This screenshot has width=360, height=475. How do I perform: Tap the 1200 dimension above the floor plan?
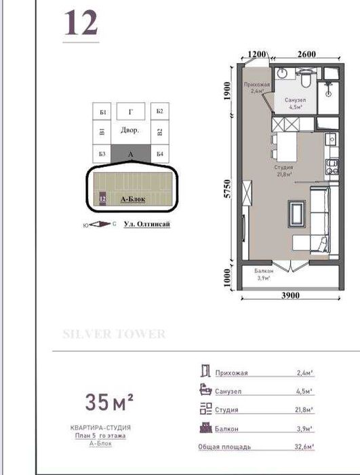click(x=256, y=54)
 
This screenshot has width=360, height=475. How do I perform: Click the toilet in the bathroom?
click(x=307, y=80)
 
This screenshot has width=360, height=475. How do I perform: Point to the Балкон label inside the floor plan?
click(x=263, y=270)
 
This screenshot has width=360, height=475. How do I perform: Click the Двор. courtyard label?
click(x=129, y=130)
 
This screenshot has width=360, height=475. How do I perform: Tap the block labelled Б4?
click(x=159, y=154)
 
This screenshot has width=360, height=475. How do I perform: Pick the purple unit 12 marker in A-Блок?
click(x=102, y=199)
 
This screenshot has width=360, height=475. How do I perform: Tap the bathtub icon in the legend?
click(x=205, y=390)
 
